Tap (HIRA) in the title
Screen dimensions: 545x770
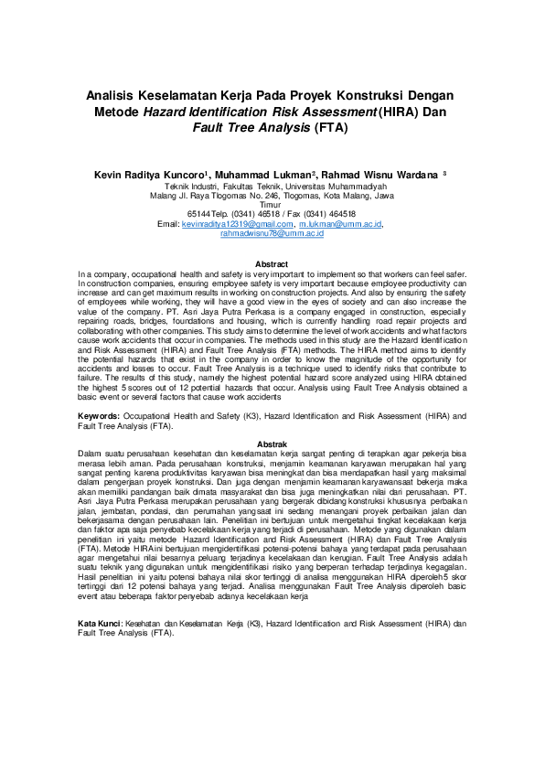point(351,112)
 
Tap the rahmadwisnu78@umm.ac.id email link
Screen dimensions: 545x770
point(272,235)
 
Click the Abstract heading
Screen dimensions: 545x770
point(272,264)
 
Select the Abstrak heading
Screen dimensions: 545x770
point(272,444)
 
